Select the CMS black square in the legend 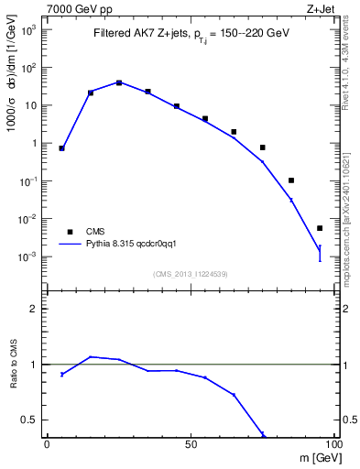69,232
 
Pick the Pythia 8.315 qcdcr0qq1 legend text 136,245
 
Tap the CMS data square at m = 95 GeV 320,228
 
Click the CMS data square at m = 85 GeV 291,180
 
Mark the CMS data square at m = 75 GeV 262,147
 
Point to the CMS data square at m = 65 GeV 234,132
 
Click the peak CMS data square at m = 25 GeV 119,82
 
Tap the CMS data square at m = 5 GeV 61,147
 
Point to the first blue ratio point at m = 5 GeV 61,374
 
